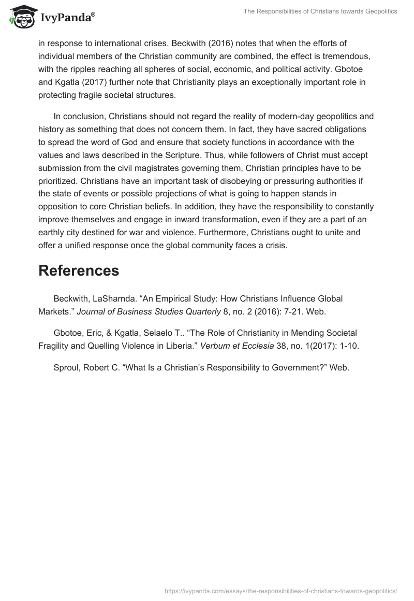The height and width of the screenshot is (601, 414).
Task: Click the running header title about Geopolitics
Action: click(321, 11)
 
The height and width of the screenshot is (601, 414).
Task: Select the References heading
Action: click(79, 270)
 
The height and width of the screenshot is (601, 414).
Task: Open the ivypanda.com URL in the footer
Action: click(280, 590)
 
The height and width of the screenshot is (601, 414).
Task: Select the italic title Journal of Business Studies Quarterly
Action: click(149, 311)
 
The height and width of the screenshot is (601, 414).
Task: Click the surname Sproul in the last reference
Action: click(66, 368)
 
